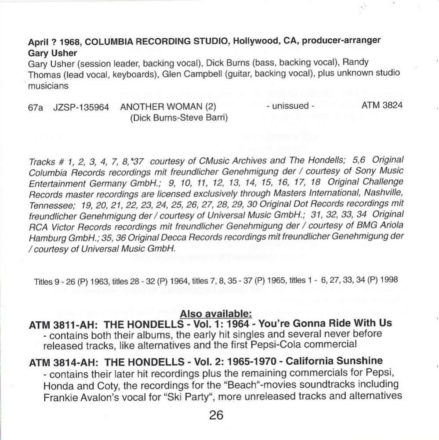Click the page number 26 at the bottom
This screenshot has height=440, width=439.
tap(217, 415)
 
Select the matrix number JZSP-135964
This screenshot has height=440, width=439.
tap(80, 107)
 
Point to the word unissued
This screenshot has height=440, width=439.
tap(290, 106)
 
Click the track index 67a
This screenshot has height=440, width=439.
tap(36, 107)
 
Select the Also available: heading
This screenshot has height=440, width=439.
tap(216, 314)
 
